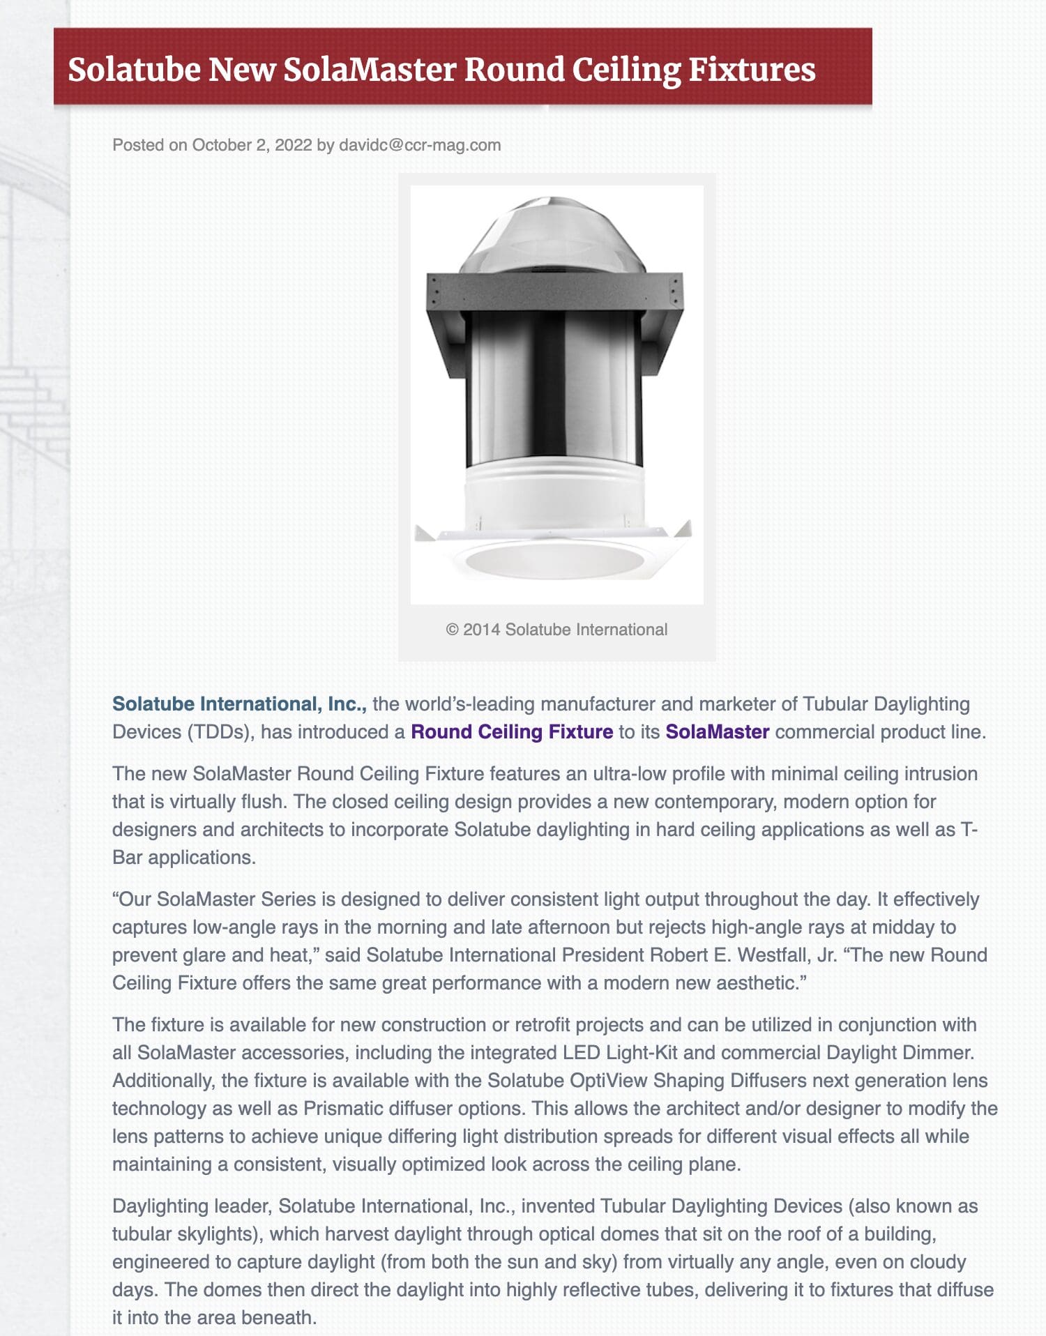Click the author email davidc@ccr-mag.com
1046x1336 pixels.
(419, 145)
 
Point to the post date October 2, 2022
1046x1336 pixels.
(252, 145)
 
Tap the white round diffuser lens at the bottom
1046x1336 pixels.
(554, 559)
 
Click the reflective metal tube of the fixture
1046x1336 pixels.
(552, 390)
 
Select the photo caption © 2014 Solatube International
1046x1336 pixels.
(556, 630)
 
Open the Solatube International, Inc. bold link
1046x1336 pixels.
(239, 704)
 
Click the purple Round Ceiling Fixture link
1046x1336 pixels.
(512, 732)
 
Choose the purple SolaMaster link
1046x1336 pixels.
(717, 732)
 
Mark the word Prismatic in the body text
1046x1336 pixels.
(342, 1109)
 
